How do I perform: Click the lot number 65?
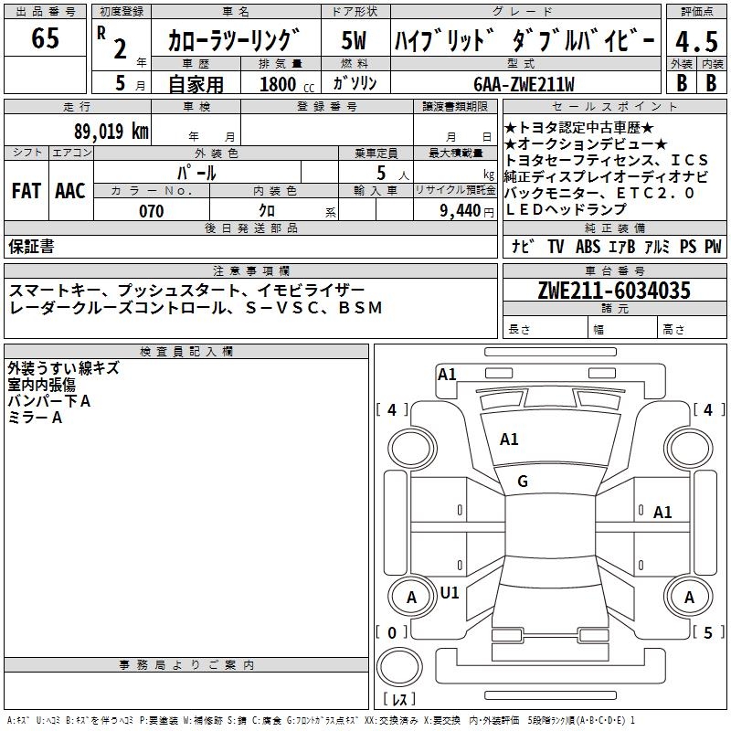[45, 40]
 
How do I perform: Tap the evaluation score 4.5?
[696, 42]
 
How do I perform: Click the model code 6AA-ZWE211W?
[524, 84]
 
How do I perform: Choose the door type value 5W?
[355, 41]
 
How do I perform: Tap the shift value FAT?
[26, 191]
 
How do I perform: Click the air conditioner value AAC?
[69, 191]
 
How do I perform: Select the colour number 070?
[152, 211]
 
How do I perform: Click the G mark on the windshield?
[523, 482]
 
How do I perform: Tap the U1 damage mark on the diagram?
[450, 592]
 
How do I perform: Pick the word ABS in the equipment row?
[589, 246]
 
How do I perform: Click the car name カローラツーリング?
[234, 41]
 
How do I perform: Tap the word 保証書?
[31, 246]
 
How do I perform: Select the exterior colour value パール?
[196, 172]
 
